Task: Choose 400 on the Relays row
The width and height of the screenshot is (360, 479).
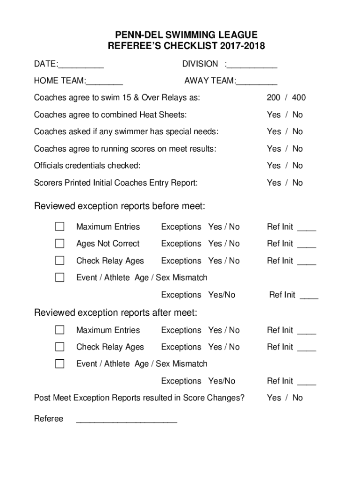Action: [299, 98]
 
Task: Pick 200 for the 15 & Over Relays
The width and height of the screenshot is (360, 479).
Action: [274, 98]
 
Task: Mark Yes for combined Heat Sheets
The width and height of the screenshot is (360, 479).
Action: [274, 115]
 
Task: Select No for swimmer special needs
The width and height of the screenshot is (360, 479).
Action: [298, 132]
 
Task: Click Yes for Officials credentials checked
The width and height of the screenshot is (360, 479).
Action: [274, 166]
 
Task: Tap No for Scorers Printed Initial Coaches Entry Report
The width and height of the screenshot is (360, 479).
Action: [298, 183]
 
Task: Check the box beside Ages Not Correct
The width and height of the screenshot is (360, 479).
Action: [60, 244]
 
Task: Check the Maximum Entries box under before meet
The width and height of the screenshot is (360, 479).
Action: [60, 227]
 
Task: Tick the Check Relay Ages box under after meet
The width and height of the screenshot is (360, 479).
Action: [60, 347]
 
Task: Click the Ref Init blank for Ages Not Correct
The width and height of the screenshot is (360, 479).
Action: [307, 245]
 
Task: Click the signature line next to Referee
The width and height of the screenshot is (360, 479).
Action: [126, 420]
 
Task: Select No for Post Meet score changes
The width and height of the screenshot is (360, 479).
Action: [298, 398]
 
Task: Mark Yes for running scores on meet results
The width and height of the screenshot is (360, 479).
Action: [274, 149]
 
